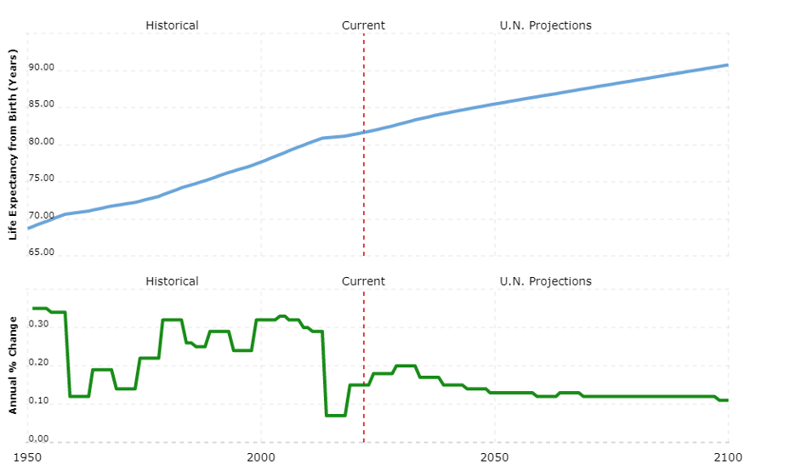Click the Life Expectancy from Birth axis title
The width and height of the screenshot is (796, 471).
(13, 144)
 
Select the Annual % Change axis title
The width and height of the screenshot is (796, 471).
(13, 366)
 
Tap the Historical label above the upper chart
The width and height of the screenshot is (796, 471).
(172, 26)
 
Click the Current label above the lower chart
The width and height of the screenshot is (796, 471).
(363, 281)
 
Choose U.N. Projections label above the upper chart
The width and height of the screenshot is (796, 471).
(545, 26)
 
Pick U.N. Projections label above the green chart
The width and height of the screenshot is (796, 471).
(545, 281)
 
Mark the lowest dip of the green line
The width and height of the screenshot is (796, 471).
(336, 415)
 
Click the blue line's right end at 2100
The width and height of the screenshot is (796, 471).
(727, 65)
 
